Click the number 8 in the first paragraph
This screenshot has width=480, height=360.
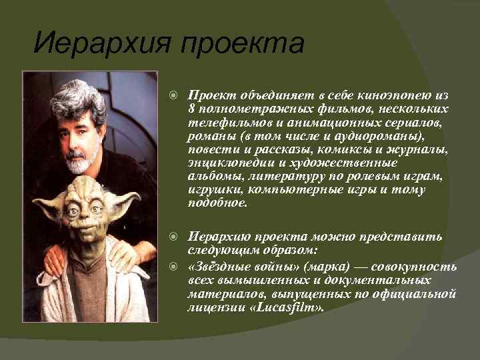[192, 108]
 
